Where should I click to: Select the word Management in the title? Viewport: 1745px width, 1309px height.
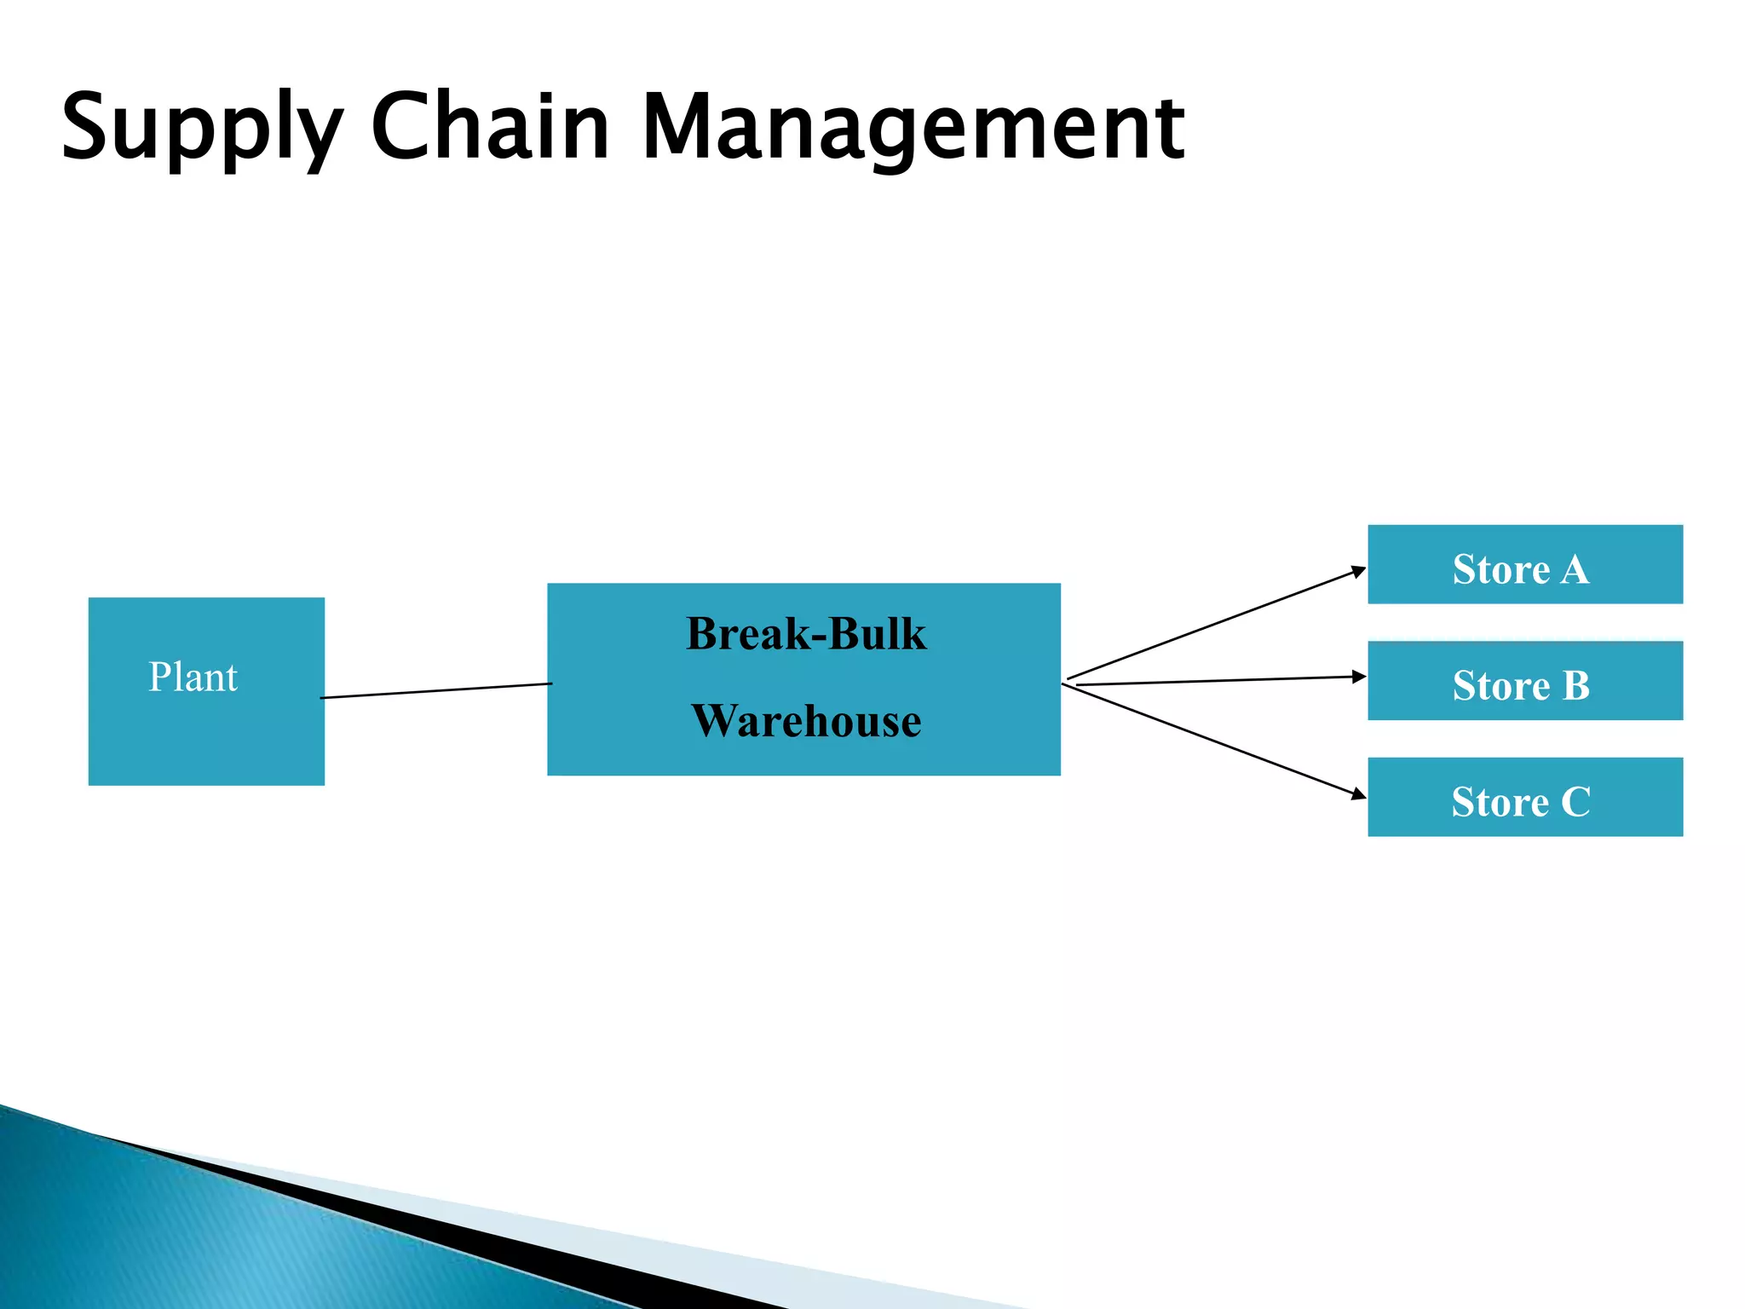912,128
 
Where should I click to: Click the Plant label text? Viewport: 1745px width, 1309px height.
193,678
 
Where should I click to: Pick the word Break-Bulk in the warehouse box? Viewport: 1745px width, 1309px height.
805,634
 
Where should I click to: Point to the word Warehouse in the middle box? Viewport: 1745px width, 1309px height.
805,721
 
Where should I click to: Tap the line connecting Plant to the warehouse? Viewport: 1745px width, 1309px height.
436,690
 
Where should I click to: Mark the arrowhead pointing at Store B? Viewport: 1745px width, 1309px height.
1359,677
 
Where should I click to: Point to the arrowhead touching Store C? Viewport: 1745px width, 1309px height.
1359,795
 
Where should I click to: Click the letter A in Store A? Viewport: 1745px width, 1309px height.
1575,569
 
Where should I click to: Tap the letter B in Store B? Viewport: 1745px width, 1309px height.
1575,686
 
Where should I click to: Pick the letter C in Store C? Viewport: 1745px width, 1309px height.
1575,802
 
